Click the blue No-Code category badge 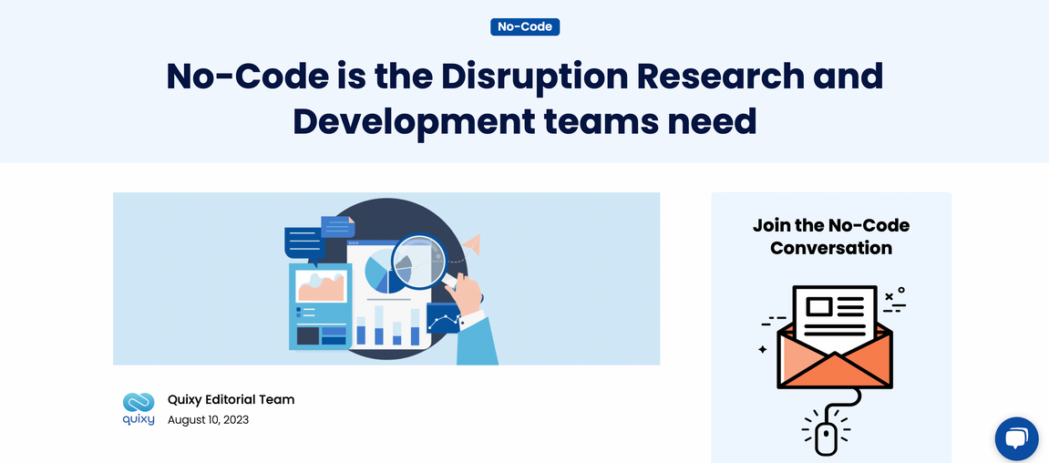[525, 26]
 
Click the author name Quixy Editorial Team [231, 399]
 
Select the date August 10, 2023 [208, 421]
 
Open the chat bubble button [1016, 439]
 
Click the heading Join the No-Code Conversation [831, 236]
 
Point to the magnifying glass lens [418, 261]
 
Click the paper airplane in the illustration [472, 244]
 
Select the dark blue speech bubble [304, 244]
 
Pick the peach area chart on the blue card [321, 286]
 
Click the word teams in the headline [608, 122]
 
